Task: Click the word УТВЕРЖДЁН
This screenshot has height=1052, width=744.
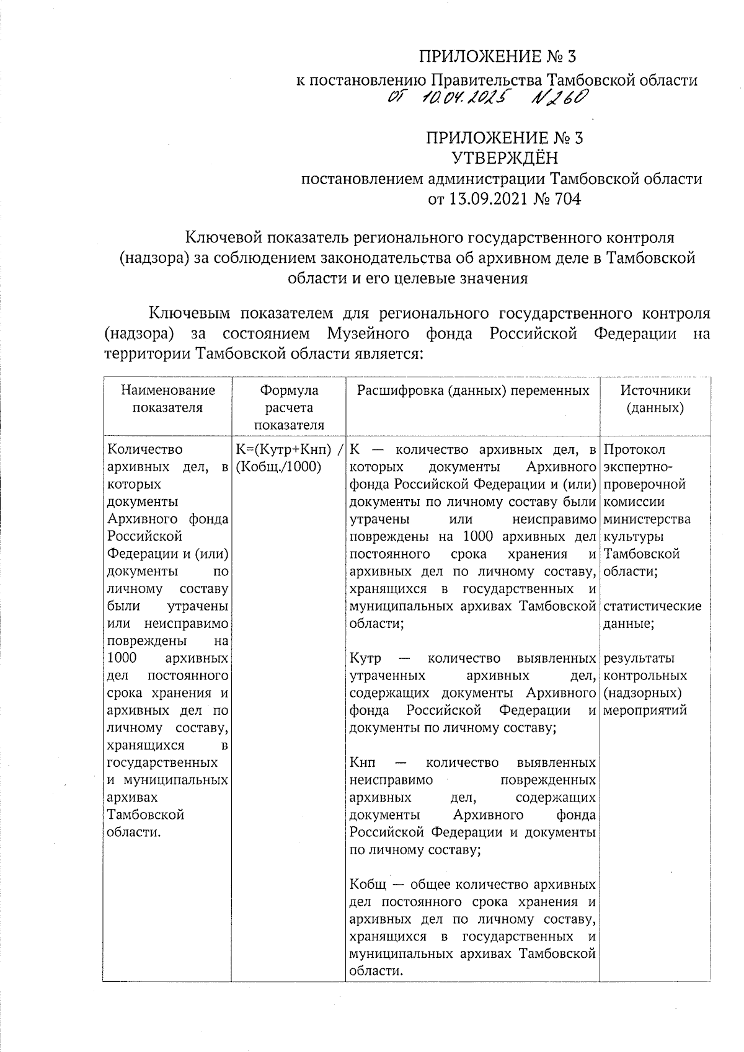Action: coord(504,159)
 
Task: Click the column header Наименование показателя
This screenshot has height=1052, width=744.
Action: coord(168,399)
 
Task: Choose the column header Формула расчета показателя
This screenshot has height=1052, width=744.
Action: coord(289,407)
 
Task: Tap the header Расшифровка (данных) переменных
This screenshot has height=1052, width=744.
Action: coord(472,391)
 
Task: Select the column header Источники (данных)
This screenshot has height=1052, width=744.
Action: coord(655,399)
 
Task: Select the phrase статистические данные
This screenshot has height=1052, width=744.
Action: coord(652,614)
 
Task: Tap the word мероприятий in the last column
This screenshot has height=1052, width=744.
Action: coord(645,710)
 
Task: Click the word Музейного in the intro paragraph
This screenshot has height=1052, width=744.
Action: coord(368,334)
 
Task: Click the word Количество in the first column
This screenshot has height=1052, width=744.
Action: coord(144,449)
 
